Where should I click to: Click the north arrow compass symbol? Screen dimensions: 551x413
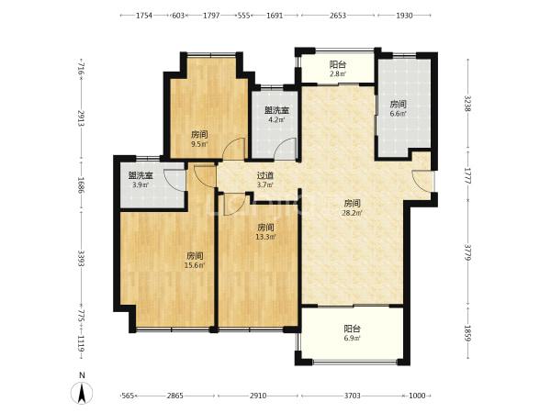click(82, 392)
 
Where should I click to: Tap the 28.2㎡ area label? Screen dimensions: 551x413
click(352, 213)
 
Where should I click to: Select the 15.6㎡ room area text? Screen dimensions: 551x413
click(195, 265)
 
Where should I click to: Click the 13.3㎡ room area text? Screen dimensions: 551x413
click(265, 237)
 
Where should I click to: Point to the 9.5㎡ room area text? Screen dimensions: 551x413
click(199, 144)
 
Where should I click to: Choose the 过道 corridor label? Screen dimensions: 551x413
click(265, 175)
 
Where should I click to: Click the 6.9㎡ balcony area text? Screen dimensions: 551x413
click(352, 339)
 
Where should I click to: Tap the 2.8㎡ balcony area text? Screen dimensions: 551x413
click(338, 73)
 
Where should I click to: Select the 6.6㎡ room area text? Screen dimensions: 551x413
click(399, 114)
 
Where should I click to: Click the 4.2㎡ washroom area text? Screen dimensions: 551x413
click(276, 119)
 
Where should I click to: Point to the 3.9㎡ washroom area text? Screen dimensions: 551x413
click(141, 184)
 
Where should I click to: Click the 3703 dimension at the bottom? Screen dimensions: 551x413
click(352, 396)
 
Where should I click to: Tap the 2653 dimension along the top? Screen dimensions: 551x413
click(338, 16)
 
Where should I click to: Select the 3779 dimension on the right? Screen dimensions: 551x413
click(467, 253)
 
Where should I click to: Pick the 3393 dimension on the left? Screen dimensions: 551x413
click(81, 258)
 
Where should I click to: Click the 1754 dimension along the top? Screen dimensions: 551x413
click(144, 16)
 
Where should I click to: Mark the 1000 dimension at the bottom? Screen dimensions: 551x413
click(417, 396)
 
